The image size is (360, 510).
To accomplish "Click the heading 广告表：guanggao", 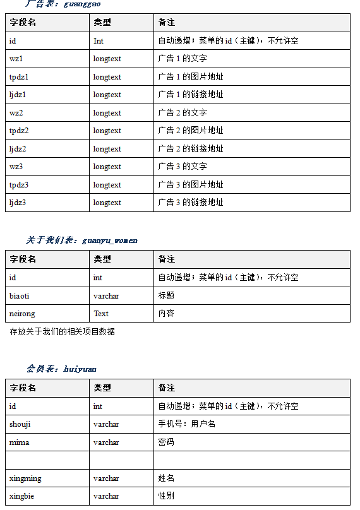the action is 62,4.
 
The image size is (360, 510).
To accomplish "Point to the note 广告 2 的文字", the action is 183,113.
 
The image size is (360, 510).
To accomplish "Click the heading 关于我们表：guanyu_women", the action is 81,240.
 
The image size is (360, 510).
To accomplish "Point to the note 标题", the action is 166,295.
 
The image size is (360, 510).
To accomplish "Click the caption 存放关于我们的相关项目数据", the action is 62,331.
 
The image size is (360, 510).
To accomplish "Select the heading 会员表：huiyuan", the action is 61,369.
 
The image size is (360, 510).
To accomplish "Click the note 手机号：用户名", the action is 187,424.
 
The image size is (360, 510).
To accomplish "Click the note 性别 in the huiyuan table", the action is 166,496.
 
